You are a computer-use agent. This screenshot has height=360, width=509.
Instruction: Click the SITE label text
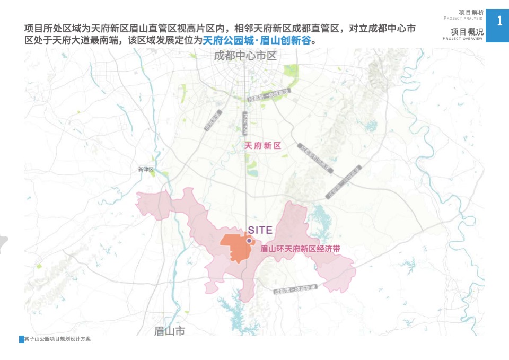click(260, 230)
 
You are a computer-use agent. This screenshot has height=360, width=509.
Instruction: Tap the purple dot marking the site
click(249, 240)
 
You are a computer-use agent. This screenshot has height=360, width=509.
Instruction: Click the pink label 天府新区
click(262, 145)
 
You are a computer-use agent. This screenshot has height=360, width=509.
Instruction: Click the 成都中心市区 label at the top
click(245, 56)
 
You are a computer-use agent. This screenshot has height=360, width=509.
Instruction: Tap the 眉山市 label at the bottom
click(170, 331)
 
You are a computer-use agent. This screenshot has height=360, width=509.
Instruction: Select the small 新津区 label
click(145, 170)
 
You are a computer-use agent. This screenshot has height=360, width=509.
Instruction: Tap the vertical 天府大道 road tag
click(245, 123)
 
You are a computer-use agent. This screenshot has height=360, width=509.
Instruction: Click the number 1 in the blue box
click(499, 22)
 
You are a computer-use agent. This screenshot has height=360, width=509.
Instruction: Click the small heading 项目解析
click(471, 12)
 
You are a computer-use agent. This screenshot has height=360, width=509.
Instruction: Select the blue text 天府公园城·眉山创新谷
click(257, 40)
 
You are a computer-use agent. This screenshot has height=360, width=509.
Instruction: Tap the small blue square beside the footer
click(22, 339)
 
